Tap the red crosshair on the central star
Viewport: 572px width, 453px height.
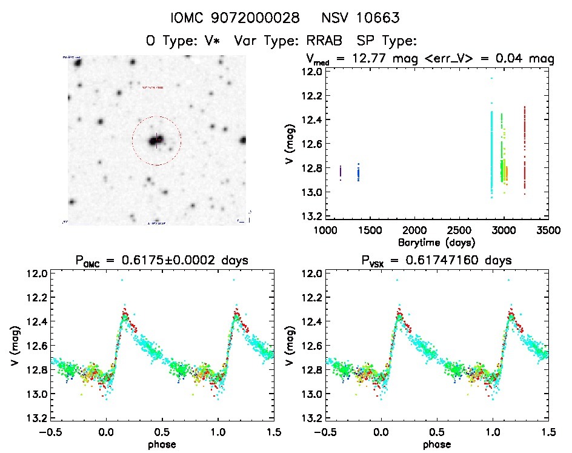(156, 140)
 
